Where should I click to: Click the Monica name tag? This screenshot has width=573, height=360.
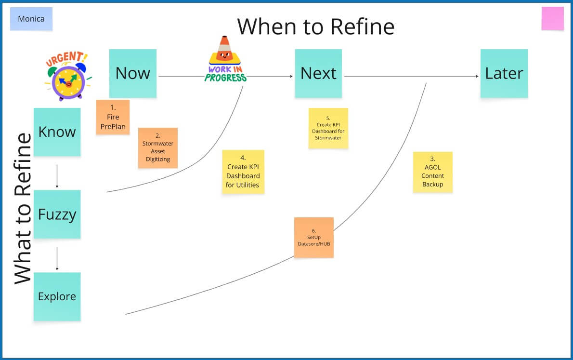[x=31, y=19]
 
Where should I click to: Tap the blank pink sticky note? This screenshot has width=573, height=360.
[x=553, y=18]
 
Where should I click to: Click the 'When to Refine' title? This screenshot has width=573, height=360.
[x=316, y=27]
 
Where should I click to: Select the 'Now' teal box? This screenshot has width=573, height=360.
[x=132, y=73]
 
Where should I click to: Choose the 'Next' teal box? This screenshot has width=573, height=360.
[x=318, y=73]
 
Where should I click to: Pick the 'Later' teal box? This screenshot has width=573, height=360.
[x=504, y=73]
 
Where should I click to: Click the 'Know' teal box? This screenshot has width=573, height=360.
[x=57, y=132]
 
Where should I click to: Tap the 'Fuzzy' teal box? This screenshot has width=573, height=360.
[x=57, y=214]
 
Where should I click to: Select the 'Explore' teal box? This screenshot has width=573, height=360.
[x=57, y=297]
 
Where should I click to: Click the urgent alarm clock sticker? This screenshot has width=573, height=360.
[x=68, y=76]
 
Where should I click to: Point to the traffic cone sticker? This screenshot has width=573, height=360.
[x=225, y=59]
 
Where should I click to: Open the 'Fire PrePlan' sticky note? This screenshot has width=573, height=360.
[x=113, y=117]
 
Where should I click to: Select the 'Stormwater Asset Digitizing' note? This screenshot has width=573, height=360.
[x=158, y=148]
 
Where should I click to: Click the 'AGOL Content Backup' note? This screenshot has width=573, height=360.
[x=433, y=172]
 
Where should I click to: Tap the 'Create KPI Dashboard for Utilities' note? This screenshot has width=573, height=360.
[x=243, y=172]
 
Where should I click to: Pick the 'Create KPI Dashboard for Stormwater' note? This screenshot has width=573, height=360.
[x=328, y=128]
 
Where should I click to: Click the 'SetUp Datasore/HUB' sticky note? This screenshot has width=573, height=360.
[x=314, y=238]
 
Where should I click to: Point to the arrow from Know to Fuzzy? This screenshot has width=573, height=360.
[x=57, y=176]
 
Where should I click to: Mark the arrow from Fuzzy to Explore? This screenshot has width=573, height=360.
[x=57, y=258]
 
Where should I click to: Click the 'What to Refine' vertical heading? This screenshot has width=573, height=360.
[x=23, y=209]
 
